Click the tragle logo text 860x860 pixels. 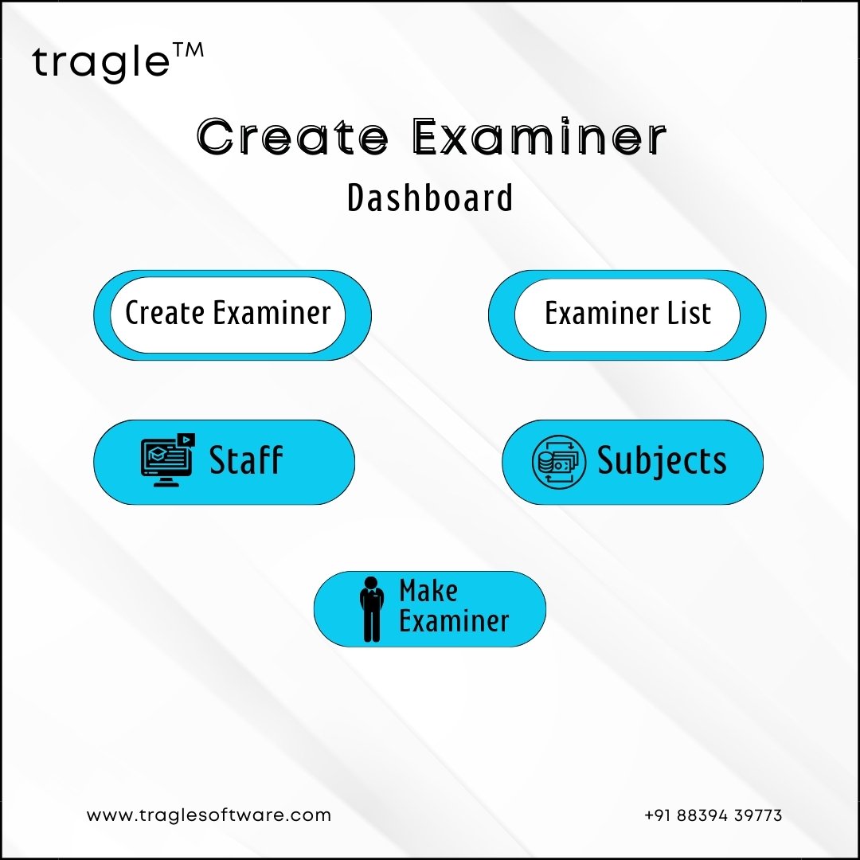(101, 62)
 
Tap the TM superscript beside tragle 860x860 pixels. (189, 50)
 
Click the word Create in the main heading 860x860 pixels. (292, 136)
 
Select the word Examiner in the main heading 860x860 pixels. (539, 136)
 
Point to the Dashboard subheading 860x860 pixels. (430, 197)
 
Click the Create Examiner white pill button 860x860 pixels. (228, 315)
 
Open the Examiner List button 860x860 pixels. (627, 315)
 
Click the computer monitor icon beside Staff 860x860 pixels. (167, 459)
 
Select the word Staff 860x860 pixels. (246, 459)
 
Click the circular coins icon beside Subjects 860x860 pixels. (559, 461)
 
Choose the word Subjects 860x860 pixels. (662, 461)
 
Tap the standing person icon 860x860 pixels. (372, 609)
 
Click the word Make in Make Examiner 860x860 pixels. (428, 591)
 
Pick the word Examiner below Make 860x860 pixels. (454, 621)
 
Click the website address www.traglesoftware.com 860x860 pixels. (209, 815)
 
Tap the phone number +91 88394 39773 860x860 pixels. (713, 815)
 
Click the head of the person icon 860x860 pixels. (372, 583)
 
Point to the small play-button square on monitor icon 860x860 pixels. (186, 440)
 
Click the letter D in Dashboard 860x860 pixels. (356, 198)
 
